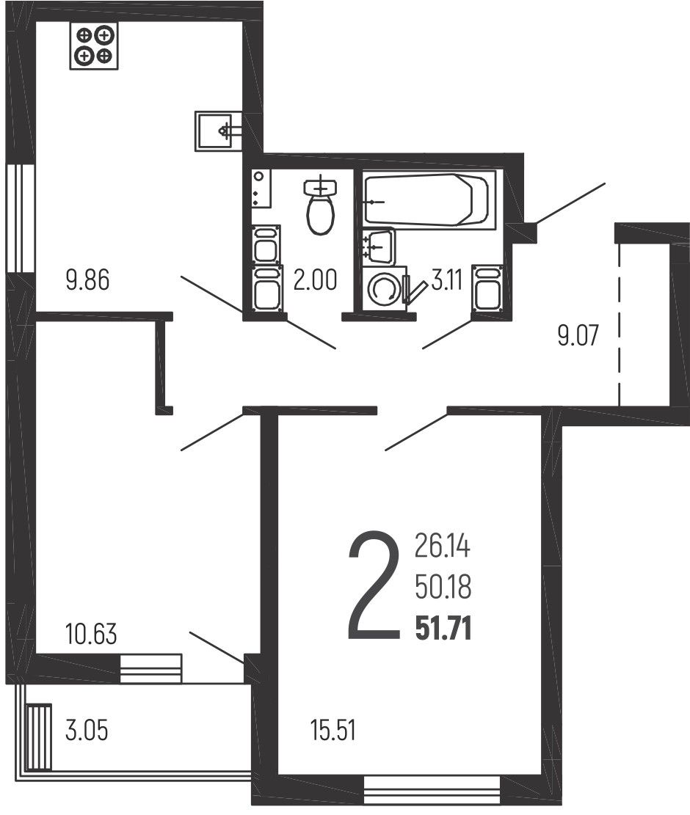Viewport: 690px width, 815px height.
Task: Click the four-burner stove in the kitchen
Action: [x=94, y=45]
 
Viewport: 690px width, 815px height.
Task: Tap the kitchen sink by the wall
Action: [x=219, y=131]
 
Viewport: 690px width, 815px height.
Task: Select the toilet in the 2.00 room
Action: [x=320, y=205]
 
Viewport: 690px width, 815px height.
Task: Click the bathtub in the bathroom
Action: [x=429, y=200]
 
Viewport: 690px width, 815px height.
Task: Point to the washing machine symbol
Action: [x=385, y=288]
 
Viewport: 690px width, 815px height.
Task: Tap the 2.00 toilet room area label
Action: [x=315, y=279]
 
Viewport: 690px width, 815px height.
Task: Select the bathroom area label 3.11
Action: [x=447, y=281]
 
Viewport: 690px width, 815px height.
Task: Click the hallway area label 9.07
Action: [x=578, y=335]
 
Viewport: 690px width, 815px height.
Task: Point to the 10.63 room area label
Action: [x=91, y=634]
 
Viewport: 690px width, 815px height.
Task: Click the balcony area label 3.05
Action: [x=87, y=730]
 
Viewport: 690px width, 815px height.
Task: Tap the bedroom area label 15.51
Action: [x=333, y=730]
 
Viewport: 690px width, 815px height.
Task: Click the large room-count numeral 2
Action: [x=374, y=585]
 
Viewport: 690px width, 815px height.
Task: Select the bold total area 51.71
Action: [x=443, y=629]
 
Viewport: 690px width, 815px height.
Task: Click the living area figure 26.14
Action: [x=443, y=547]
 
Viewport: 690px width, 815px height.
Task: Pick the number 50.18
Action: [x=443, y=588]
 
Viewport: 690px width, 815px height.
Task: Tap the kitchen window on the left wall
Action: [x=20, y=219]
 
